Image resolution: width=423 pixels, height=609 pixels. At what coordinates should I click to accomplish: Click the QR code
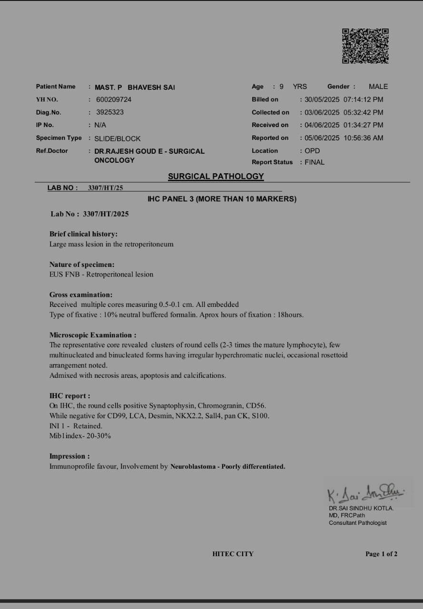coord(365,46)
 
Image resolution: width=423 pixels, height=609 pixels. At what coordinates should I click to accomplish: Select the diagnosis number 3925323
coord(110,112)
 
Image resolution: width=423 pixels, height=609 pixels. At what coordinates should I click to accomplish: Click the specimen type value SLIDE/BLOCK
coord(117,138)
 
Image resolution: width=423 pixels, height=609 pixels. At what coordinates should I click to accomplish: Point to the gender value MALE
coord(378,87)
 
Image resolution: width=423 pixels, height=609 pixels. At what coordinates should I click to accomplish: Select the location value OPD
coord(312,151)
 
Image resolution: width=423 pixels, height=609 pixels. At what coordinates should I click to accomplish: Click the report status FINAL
coord(315,162)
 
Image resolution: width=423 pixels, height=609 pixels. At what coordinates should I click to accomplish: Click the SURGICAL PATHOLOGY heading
coord(216,177)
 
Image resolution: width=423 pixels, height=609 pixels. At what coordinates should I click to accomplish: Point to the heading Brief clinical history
coord(83,234)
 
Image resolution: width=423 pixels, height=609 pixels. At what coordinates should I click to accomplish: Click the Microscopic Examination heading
coord(93,335)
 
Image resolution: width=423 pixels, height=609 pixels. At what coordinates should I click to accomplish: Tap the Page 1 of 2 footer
coord(381,554)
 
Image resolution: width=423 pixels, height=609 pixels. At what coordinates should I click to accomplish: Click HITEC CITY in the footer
coord(233,554)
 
